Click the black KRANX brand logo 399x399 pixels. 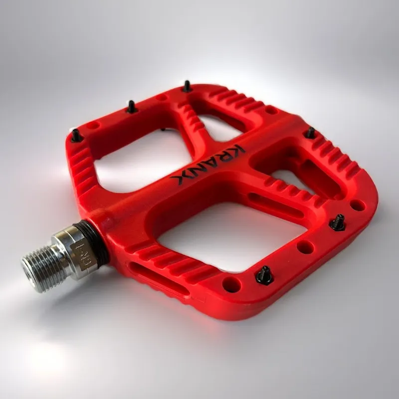coord(208,164)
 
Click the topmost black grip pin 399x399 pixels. coord(187,86)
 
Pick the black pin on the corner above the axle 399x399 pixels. coord(76,135)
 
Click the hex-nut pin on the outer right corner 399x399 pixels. coord(338,222)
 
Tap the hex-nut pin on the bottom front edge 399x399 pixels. coord(264,275)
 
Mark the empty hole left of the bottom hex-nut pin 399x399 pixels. coord(231,284)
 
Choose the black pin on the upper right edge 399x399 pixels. coord(310,133)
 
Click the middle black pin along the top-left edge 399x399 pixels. coord(132,107)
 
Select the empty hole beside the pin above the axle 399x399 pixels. coord(93,126)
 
